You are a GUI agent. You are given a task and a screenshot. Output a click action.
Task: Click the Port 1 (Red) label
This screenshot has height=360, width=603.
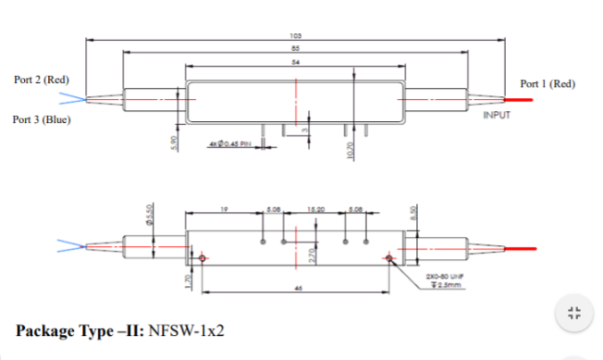tap(547, 84)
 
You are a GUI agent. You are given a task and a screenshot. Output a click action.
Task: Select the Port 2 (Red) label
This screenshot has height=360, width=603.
tap(42, 79)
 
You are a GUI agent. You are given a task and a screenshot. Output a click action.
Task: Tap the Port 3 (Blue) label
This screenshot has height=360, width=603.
tap(42, 119)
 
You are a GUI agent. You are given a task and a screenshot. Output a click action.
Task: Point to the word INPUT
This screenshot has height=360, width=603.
tap(496, 116)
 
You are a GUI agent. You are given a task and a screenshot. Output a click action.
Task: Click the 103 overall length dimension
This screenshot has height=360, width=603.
tap(295, 36)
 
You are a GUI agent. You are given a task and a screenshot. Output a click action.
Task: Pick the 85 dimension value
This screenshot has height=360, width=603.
tap(295, 48)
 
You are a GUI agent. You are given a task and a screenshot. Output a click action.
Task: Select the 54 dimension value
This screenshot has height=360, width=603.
tap(295, 61)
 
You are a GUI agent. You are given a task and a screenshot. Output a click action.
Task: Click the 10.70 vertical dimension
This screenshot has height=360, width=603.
tap(350, 150)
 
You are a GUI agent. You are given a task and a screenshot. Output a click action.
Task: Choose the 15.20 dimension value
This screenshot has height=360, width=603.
tap(315, 209)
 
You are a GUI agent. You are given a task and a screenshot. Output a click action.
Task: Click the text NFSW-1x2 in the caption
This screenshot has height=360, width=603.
tap(186, 331)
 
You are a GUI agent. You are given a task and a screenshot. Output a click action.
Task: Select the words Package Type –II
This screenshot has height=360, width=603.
tap(79, 331)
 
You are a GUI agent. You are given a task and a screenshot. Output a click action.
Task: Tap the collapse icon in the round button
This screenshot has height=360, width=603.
tap(574, 313)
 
